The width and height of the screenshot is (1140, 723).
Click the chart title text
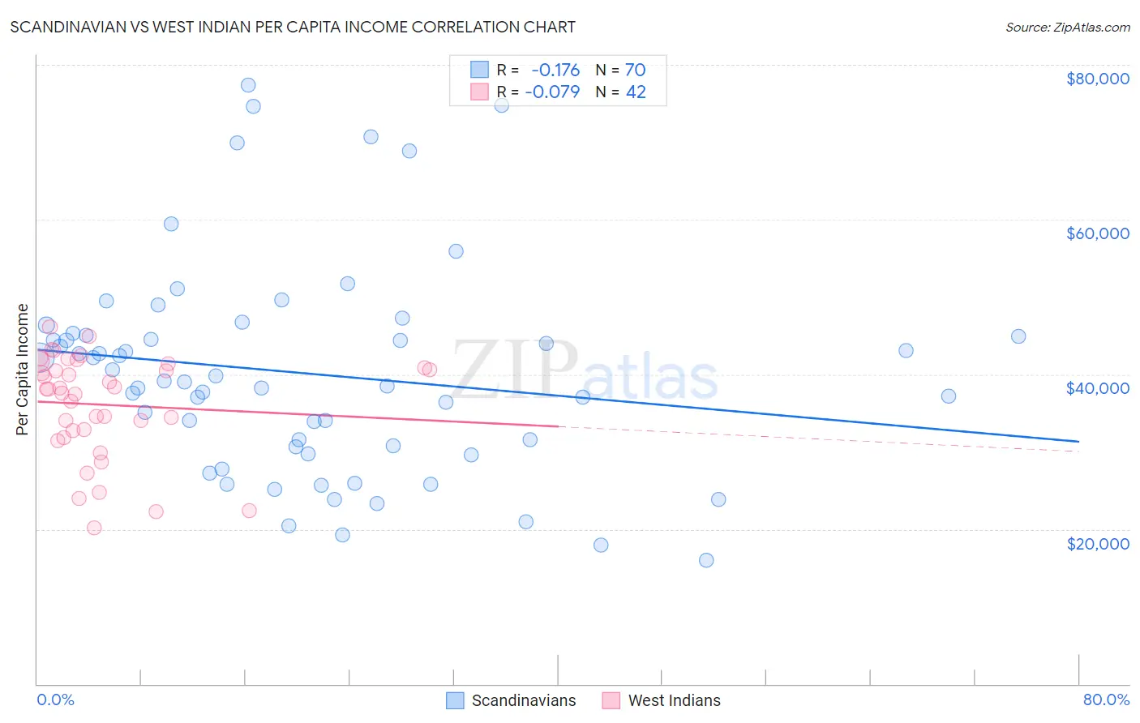click(x=293, y=27)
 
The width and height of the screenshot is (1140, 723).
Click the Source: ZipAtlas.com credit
click(x=1067, y=28)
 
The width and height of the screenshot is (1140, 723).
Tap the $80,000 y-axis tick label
click(x=1097, y=79)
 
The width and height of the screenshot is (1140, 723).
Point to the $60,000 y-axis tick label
click(x=1097, y=233)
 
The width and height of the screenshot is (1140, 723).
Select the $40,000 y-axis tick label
click(x=1097, y=388)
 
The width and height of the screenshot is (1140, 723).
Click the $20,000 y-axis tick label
click(x=1097, y=543)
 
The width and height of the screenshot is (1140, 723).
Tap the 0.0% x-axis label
click(x=55, y=699)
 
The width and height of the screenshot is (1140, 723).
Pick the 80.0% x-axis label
click(x=1106, y=699)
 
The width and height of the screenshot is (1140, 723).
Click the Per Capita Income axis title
click(x=23, y=369)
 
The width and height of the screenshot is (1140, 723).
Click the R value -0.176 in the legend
click(x=555, y=71)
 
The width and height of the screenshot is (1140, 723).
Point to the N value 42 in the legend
click(x=636, y=92)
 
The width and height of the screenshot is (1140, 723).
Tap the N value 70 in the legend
click(x=635, y=71)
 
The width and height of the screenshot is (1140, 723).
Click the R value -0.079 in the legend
click(x=552, y=92)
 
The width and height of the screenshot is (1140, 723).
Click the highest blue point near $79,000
click(x=248, y=85)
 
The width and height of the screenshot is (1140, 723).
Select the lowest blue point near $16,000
click(x=706, y=560)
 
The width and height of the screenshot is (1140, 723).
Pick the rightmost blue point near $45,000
click(x=1018, y=336)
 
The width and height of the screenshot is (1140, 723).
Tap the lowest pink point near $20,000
click(x=94, y=528)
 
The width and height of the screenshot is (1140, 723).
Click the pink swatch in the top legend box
click(x=479, y=92)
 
